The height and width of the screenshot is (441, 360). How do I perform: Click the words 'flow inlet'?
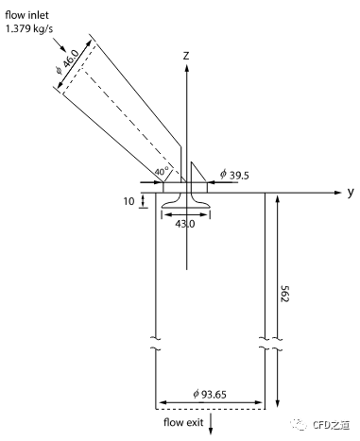point(26,15)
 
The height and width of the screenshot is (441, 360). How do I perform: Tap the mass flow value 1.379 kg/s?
point(29,29)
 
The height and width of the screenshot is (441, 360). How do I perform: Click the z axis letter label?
point(186,56)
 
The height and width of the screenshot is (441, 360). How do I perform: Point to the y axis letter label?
point(351,192)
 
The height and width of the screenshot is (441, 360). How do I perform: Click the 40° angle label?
point(162,172)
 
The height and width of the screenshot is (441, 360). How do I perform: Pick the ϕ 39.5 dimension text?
point(234,175)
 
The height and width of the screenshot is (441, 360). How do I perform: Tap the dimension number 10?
point(129,201)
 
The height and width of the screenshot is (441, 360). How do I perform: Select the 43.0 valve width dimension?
point(185,224)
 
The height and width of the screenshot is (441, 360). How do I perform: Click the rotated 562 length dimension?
point(284,294)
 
